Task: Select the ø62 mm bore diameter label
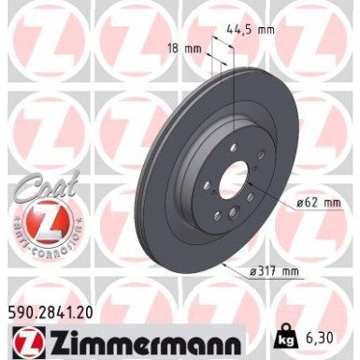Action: (x=319, y=201)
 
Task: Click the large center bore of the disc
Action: (x=233, y=176)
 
